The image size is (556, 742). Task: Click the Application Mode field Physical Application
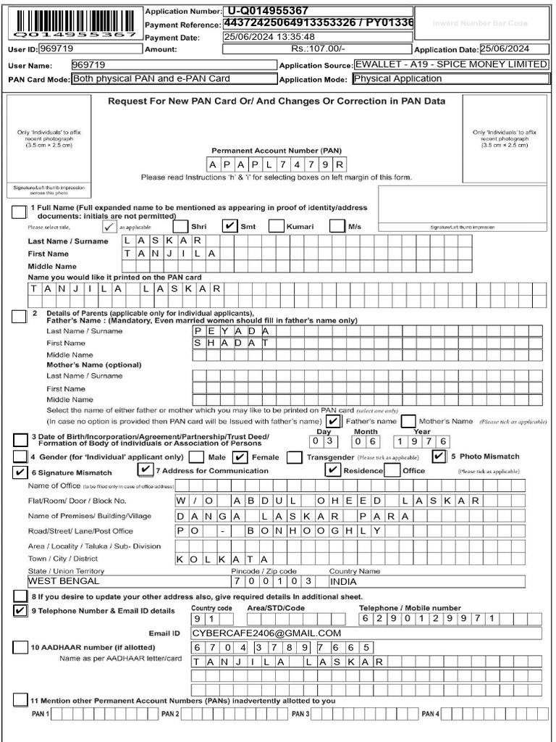pyautogui.click(x=449, y=79)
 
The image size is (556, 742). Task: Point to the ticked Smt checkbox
pyautogui.click(x=229, y=226)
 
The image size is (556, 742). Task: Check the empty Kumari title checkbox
pyautogui.click(x=276, y=226)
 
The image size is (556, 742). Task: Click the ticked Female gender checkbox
pyautogui.click(x=240, y=457)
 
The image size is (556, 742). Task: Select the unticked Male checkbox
pyautogui.click(x=196, y=457)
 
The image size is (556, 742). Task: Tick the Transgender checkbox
pyautogui.click(x=294, y=457)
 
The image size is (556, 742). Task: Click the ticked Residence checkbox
pyautogui.click(x=332, y=470)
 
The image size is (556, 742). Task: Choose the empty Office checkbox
pyautogui.click(x=392, y=470)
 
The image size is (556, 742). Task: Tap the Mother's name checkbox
pyautogui.click(x=408, y=421)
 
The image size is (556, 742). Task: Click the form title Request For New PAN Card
pyautogui.click(x=277, y=101)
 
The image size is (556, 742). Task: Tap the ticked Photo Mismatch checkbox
pyautogui.click(x=439, y=457)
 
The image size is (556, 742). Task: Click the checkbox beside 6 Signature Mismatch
pyautogui.click(x=20, y=472)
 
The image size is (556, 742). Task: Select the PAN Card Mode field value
pyautogui.click(x=173, y=79)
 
